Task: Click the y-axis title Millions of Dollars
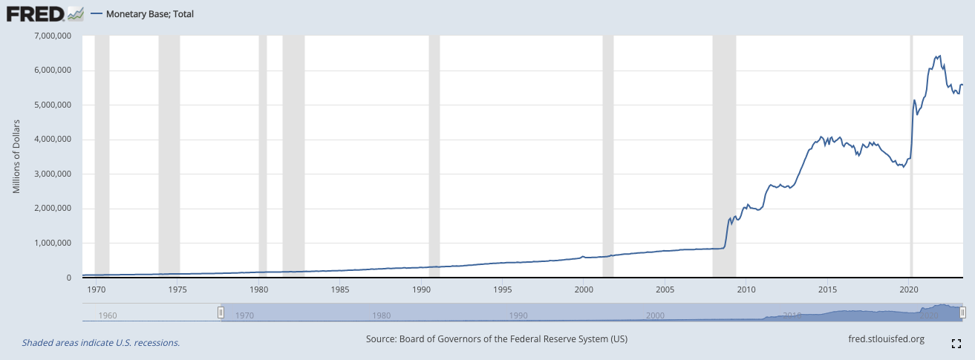[16, 156]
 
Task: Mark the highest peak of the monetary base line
[940, 56]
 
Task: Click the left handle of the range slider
[221, 313]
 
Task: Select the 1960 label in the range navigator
[108, 315]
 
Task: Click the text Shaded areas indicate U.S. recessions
[101, 342]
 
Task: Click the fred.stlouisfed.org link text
[886, 339]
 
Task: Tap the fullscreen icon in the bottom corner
[956, 343]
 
